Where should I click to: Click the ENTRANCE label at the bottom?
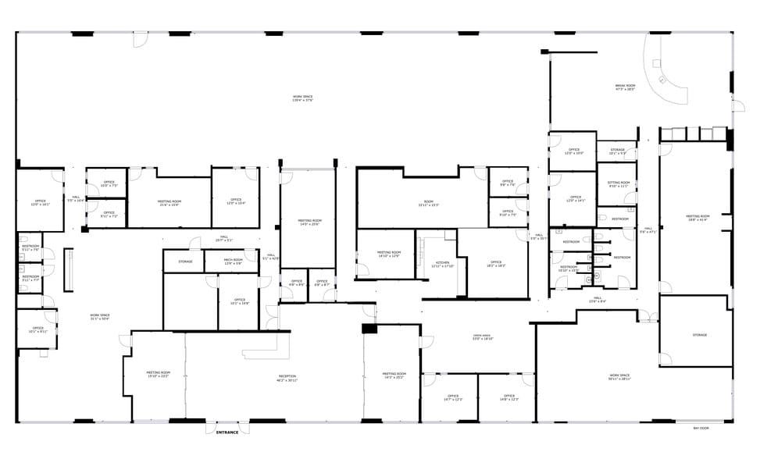point(227,432)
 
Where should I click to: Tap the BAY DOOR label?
point(701,429)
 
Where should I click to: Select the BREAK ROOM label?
point(625,87)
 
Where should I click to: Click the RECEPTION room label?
point(287,379)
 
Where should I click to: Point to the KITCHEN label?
point(442,265)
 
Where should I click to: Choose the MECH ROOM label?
point(233,262)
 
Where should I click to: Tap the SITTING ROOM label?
point(618,184)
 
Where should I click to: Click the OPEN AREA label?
point(482,337)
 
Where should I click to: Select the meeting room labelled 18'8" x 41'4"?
point(698,218)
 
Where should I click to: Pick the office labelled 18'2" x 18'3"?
point(496,264)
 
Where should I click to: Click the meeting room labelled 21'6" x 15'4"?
point(169,204)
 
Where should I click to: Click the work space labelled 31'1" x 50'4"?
point(100,316)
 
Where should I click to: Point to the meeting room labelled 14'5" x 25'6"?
point(309,222)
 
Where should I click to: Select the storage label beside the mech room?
point(185,262)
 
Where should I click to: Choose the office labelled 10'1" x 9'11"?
point(37,329)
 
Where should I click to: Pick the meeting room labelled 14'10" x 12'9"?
point(388,254)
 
